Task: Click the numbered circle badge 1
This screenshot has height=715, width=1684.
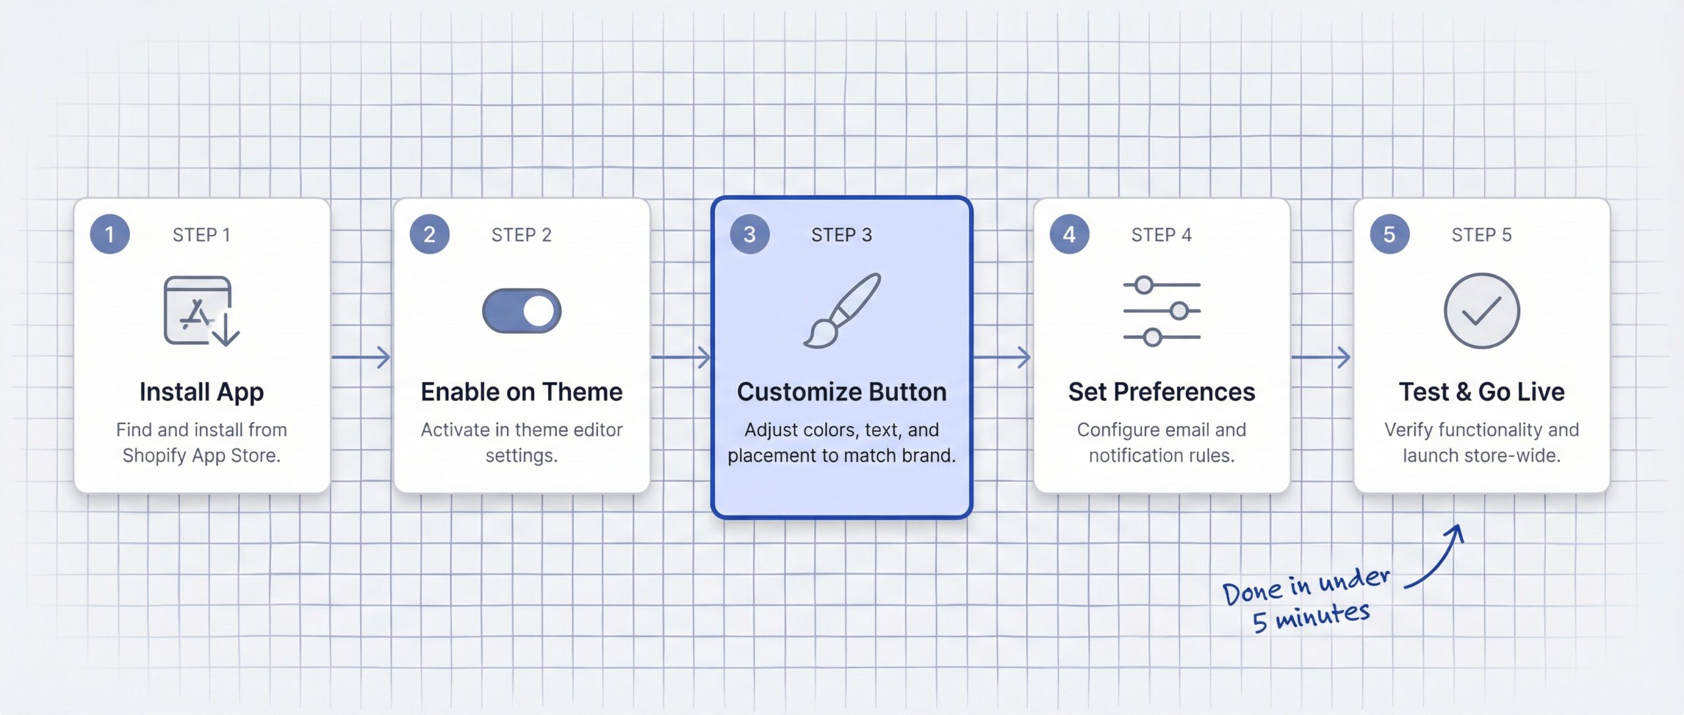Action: point(109,234)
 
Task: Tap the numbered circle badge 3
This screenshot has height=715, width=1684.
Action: point(749,234)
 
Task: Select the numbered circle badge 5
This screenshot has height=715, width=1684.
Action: point(1389,234)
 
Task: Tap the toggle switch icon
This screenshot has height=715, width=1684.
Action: point(521,311)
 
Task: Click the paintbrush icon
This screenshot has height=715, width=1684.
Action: point(842,311)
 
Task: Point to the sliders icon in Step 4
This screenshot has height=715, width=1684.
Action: point(1162,311)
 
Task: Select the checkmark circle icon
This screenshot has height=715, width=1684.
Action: point(1481,311)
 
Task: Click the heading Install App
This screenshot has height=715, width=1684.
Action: point(201,392)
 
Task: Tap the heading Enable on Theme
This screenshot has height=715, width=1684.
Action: point(522,392)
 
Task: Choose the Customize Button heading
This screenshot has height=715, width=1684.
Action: point(841,392)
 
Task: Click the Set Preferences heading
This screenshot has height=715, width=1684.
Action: point(1162,392)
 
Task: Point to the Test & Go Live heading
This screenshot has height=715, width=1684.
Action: point(1481,392)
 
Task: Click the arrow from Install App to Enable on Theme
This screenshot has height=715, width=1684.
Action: point(361,357)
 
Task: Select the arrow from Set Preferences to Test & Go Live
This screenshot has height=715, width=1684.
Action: point(1321,357)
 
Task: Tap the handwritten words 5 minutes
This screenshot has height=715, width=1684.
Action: point(1310,618)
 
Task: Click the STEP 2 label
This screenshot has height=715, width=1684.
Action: point(521,235)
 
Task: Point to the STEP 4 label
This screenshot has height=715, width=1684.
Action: point(1161,235)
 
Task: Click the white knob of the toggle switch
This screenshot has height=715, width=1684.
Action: point(539,311)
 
